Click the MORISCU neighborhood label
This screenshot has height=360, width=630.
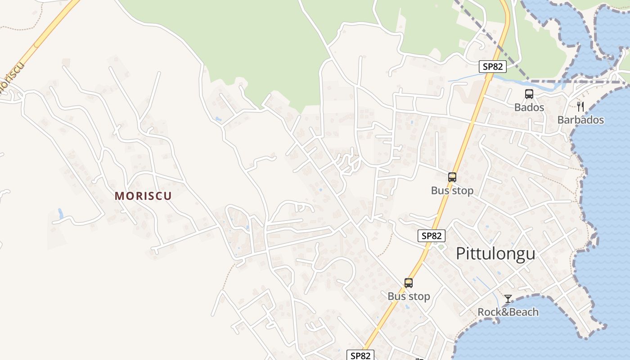coord(143,196)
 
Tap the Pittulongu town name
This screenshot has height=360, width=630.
coord(495,254)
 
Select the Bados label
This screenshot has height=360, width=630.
coord(529,108)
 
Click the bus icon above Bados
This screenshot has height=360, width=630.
coord(529,94)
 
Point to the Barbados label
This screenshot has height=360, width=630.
coord(580,120)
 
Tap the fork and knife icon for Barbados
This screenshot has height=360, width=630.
coord(580,107)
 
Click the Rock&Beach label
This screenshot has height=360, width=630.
coord(508,312)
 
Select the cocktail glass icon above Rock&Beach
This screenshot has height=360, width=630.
coord(508,299)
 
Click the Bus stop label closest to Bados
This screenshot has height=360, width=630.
coord(452,191)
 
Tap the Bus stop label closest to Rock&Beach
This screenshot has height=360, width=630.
coord(409,297)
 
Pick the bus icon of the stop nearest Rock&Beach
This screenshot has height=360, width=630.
coord(409,283)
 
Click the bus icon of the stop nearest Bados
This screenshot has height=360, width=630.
coord(452,177)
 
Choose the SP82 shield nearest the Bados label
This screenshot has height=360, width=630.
coord(493,67)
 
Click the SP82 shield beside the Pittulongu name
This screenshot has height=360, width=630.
coord(432,235)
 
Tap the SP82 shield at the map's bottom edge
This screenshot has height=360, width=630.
coord(361,355)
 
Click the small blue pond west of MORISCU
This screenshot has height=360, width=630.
coord(61,213)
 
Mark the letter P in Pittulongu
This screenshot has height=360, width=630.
coord(461,254)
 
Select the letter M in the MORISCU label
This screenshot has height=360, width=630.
coord(119,196)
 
